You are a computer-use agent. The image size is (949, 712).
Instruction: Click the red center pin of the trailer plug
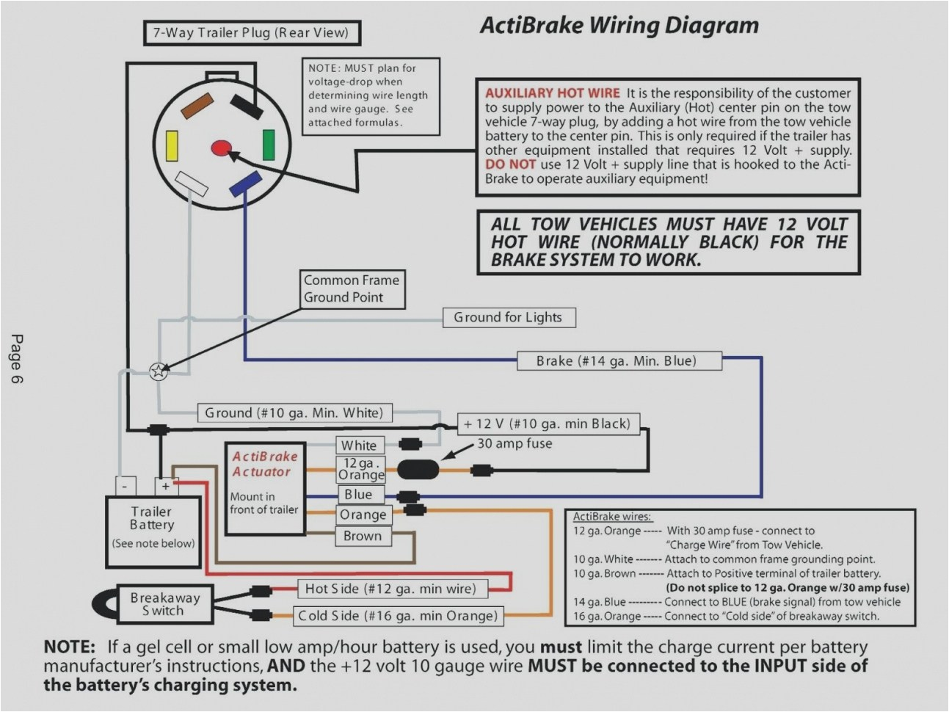tap(219, 148)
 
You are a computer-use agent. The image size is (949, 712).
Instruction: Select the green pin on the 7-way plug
tap(269, 145)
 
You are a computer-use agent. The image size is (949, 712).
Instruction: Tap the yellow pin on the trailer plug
tap(172, 145)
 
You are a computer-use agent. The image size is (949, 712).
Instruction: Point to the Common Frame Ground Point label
tap(352, 288)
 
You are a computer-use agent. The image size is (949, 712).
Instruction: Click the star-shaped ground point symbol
tap(157, 371)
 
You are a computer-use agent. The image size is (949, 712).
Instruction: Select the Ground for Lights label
tap(508, 317)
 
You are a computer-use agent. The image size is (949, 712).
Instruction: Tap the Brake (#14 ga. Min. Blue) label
tap(617, 360)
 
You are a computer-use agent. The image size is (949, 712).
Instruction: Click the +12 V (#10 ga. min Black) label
tap(547, 424)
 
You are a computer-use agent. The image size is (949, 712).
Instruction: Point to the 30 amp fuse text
tap(515, 443)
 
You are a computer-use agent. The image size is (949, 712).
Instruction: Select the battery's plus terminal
tap(166, 486)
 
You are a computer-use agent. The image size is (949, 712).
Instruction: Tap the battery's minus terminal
tap(125, 486)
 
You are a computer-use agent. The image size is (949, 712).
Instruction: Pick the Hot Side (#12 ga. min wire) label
tap(390, 589)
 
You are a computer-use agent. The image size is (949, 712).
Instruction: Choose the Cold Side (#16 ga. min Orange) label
tap(397, 616)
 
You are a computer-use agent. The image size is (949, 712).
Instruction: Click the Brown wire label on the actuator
tap(363, 536)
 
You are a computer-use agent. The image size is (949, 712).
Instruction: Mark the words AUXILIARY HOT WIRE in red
tap(552, 93)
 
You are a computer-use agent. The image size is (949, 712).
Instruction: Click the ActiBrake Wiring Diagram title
tap(619, 25)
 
